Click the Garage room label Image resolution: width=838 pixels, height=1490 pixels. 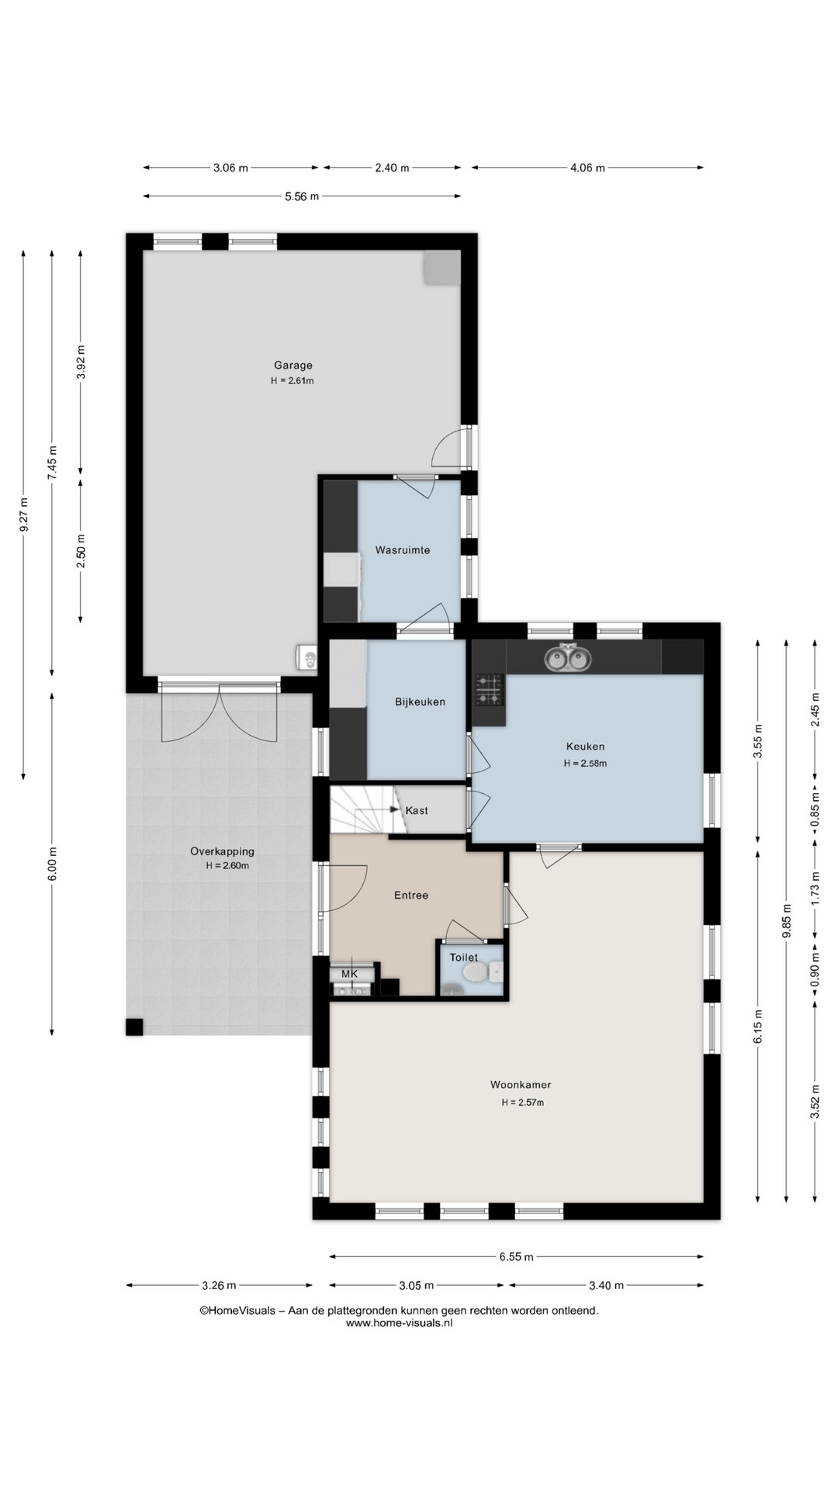293,365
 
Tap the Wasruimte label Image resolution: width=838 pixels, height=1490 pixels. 402,550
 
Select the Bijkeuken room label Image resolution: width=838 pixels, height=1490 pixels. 420,702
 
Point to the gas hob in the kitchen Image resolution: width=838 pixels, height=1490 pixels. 489,689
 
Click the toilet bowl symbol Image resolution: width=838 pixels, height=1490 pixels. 472,973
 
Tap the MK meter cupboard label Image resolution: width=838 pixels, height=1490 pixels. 349,974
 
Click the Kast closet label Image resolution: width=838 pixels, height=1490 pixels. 417,811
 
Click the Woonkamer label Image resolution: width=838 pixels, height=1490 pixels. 520,1085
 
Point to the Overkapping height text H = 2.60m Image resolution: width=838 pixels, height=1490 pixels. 227,866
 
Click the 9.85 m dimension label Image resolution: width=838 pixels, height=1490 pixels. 787,921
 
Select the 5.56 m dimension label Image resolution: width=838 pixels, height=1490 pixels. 302,196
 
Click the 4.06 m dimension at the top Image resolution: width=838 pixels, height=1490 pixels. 587,168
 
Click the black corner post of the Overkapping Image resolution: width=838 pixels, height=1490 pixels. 135,1027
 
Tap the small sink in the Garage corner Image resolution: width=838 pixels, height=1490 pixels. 307,658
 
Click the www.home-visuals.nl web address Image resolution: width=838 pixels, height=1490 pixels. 399,1324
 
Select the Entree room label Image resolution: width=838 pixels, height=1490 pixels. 411,896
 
